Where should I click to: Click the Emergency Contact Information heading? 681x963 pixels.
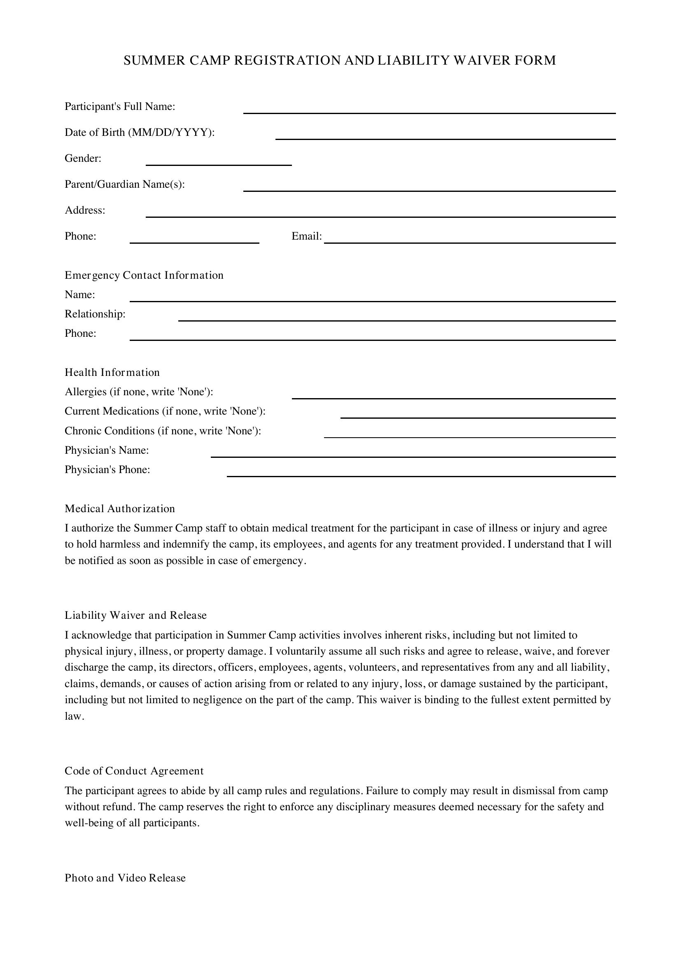click(144, 275)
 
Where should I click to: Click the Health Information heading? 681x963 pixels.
click(112, 373)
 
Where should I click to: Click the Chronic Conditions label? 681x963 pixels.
click(163, 431)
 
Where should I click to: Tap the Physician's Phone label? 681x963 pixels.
click(107, 469)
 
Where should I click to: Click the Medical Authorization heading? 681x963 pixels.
click(119, 509)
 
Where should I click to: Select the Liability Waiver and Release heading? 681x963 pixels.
click(135, 615)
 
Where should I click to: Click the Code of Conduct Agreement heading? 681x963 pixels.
click(134, 771)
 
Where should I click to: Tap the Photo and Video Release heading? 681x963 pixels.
click(125, 878)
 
